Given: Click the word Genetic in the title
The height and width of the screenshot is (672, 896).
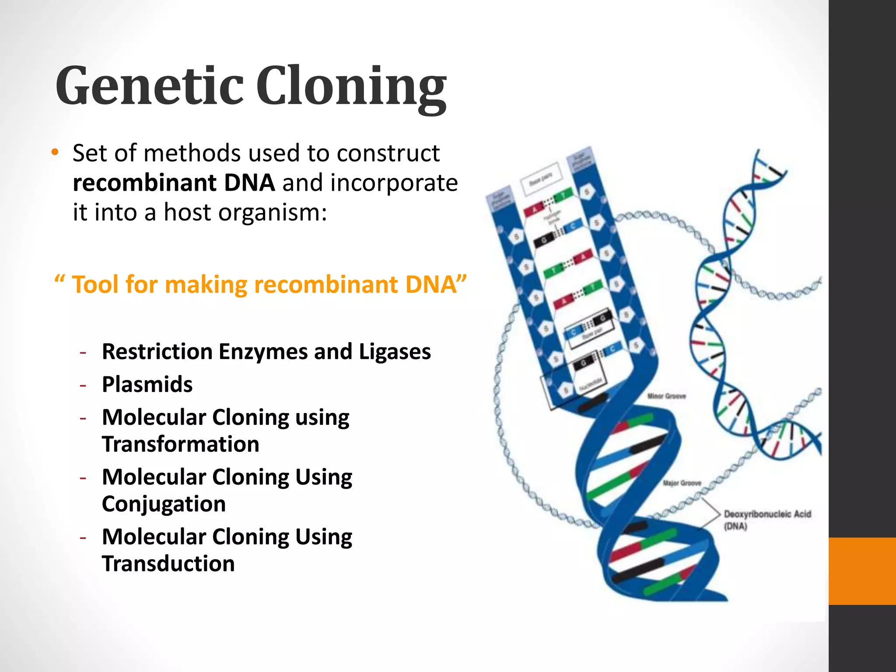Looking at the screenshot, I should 149,85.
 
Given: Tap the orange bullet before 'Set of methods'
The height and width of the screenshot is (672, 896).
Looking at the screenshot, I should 54,153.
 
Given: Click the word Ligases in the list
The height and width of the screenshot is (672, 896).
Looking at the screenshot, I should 395,351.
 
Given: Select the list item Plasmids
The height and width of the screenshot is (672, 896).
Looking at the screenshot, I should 147,385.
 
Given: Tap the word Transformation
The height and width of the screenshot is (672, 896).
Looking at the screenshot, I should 180,444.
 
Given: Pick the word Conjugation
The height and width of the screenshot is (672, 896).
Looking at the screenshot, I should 164,504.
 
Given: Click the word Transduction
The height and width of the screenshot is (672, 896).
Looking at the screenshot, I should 168,563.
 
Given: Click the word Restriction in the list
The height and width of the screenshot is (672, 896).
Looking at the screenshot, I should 157,351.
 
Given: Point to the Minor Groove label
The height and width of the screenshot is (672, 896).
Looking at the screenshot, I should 666,396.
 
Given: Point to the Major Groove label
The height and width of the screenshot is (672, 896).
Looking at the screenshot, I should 682,483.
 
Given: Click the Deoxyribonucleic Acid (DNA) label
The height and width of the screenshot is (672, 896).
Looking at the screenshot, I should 766,520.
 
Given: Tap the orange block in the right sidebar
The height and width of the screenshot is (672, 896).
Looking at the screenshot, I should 862,571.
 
